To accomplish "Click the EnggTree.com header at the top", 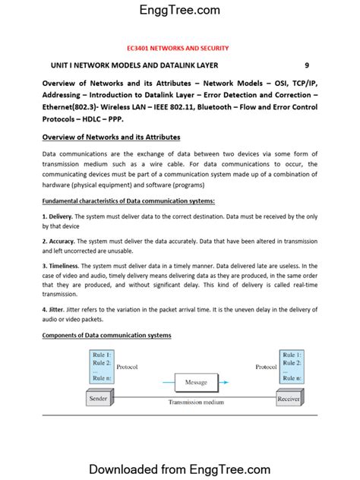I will tap(179, 10).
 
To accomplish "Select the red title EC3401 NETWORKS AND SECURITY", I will tap(179, 48).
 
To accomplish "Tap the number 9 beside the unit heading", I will tap(307, 66).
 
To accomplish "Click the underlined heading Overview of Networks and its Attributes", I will tap(111, 137).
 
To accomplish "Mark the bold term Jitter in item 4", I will tap(56, 310).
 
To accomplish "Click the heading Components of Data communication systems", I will tap(106, 335).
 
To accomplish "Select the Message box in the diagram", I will tap(196, 382).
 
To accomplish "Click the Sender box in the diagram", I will tap(98, 398).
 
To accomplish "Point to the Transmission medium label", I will tap(196, 403).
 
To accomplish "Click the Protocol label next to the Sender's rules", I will tap(128, 366).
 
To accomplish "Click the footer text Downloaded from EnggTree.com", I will tap(179, 469).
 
